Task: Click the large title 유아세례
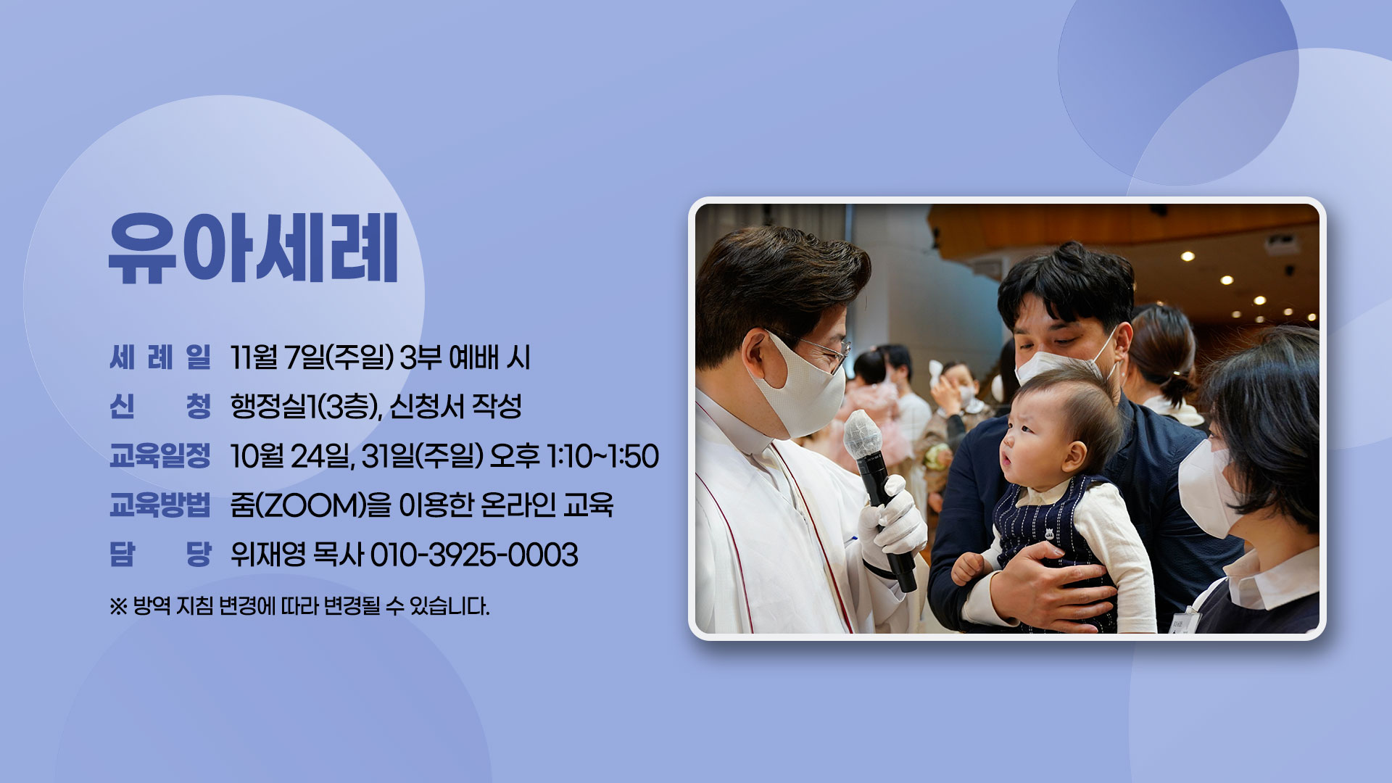pyautogui.click(x=253, y=248)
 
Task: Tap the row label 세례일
pyautogui.click(x=160, y=357)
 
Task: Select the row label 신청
pyautogui.click(x=160, y=406)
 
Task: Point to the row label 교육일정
pyautogui.click(x=160, y=456)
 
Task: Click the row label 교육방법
pyautogui.click(x=160, y=505)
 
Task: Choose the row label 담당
pyautogui.click(x=160, y=555)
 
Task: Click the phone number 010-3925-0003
pyautogui.click(x=474, y=555)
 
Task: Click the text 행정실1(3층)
pyautogui.click(x=306, y=407)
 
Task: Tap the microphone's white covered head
pyautogui.click(x=862, y=434)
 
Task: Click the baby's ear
pyautogui.click(x=1074, y=456)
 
